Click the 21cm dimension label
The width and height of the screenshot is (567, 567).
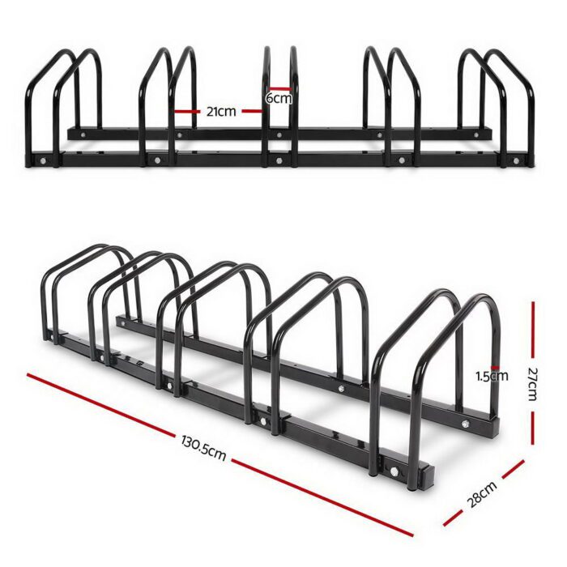[221, 112]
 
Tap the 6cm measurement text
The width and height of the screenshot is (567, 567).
[279, 98]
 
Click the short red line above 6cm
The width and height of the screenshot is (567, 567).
[280, 88]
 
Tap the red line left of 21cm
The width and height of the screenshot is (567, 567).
[185, 112]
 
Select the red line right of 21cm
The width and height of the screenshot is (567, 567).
[252, 112]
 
